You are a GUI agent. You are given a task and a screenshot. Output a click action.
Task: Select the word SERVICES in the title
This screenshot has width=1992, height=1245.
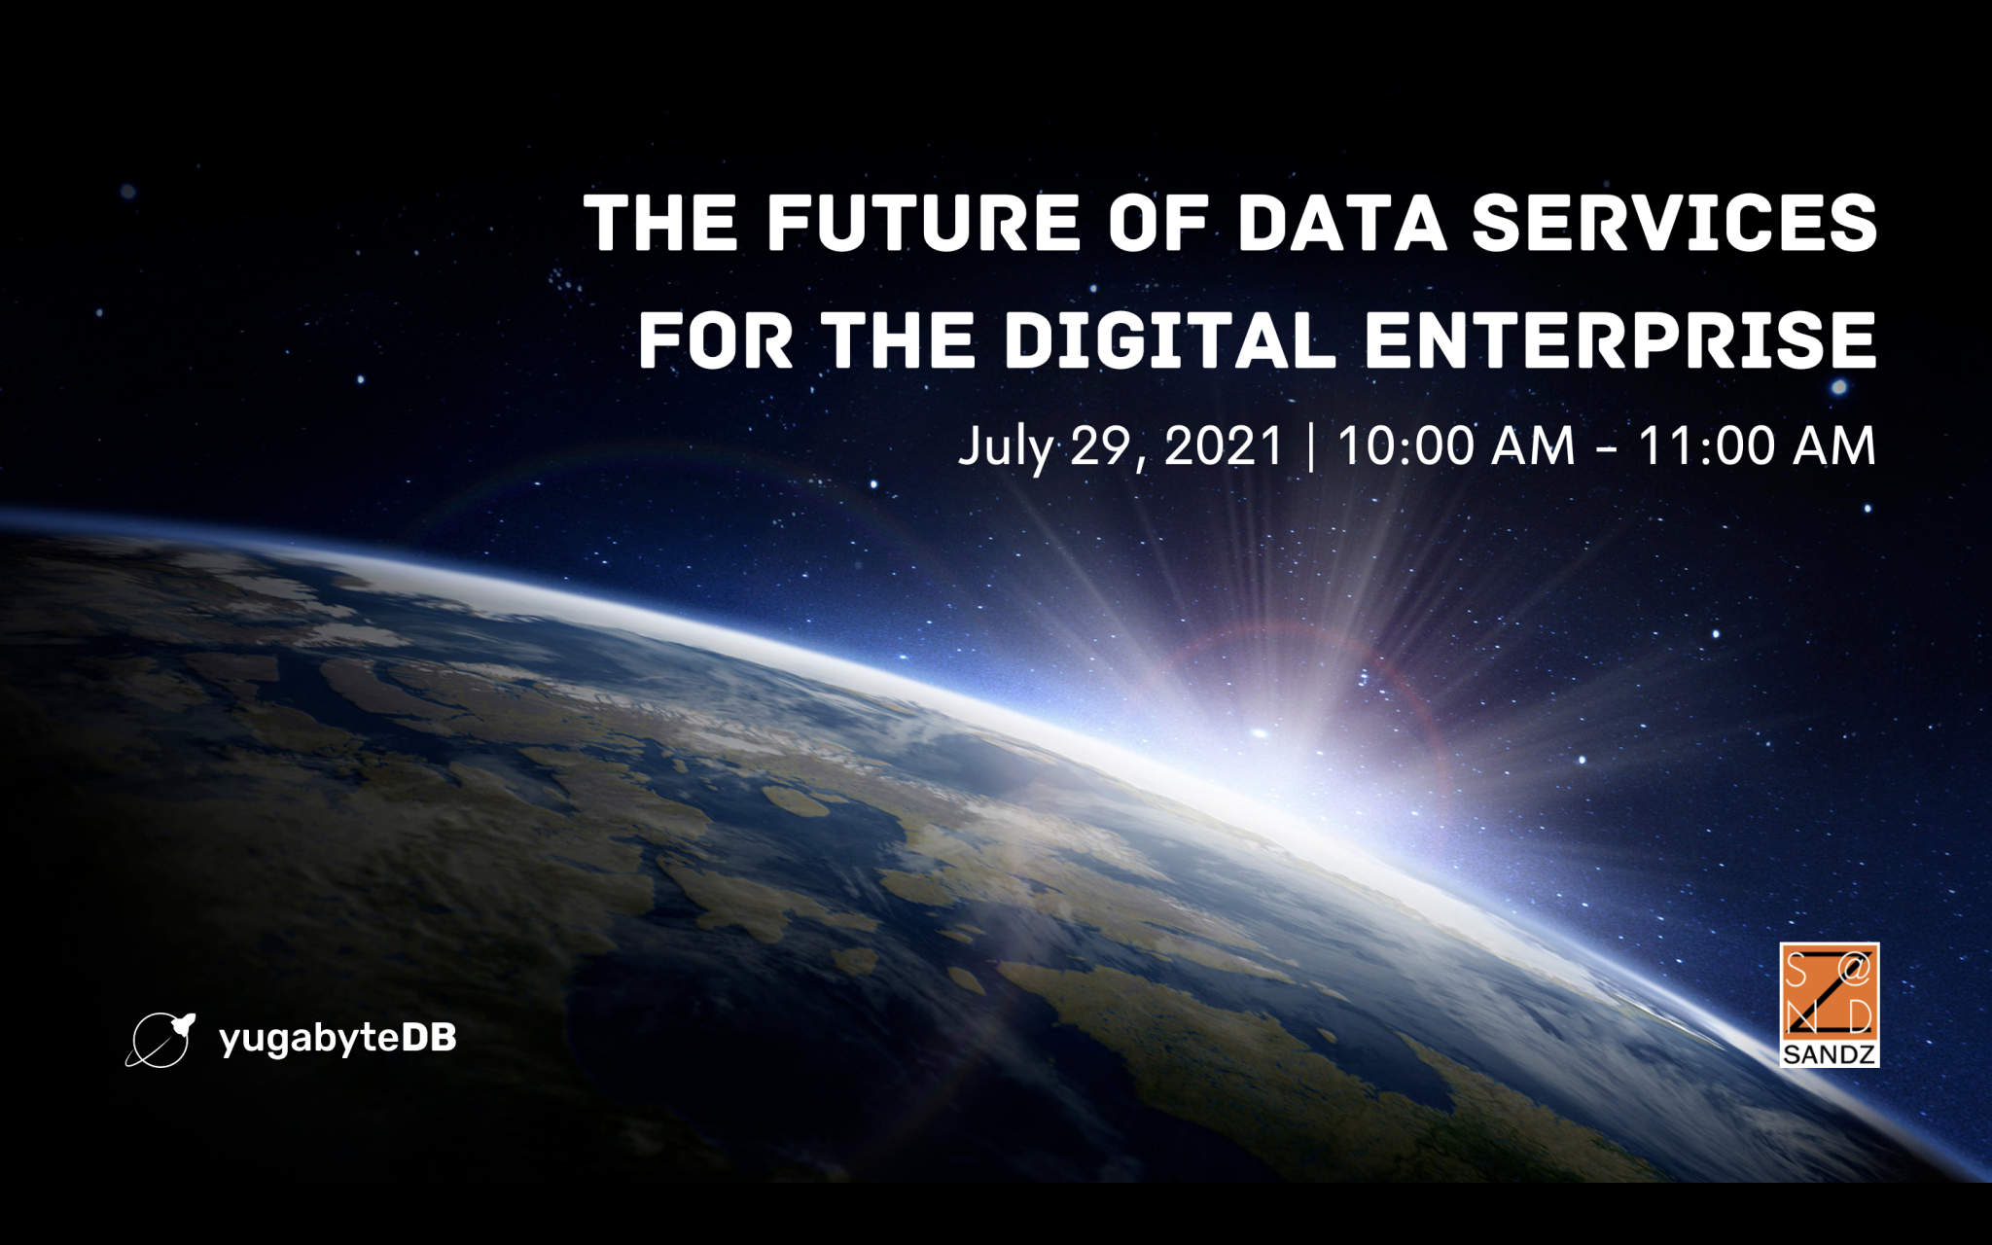pyautogui.click(x=1674, y=222)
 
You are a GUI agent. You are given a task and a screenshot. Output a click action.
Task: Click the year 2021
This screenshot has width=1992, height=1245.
pyautogui.click(x=1224, y=446)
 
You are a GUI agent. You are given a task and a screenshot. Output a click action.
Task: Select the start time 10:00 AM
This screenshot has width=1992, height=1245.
pyautogui.click(x=1456, y=446)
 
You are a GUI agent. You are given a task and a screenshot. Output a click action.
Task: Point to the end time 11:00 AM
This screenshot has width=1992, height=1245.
pyautogui.click(x=1757, y=446)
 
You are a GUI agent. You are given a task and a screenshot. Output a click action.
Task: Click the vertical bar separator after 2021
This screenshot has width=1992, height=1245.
pyautogui.click(x=1311, y=447)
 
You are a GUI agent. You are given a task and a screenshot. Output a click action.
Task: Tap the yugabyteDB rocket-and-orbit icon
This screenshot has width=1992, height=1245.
pyautogui.click(x=160, y=1040)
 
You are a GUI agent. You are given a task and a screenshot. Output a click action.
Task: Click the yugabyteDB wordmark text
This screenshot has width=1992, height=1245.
pyautogui.click(x=338, y=1040)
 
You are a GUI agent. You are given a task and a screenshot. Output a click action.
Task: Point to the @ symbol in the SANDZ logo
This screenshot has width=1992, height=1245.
pyautogui.click(x=1854, y=969)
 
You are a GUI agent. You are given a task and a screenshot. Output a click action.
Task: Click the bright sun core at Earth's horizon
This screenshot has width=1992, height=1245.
pyautogui.click(x=1261, y=731)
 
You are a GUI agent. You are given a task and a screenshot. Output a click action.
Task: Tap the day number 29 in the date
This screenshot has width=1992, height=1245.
pyautogui.click(x=1100, y=446)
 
